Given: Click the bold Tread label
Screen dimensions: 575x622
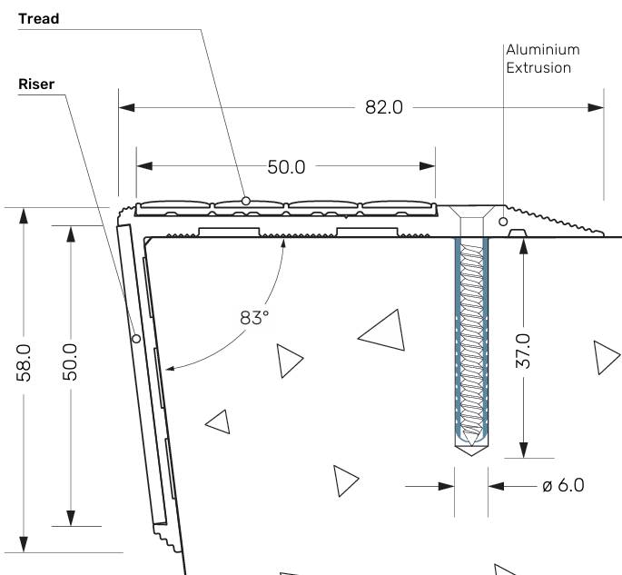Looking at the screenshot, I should (x=38, y=19).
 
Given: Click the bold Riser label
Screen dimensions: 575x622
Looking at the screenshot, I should (x=36, y=84).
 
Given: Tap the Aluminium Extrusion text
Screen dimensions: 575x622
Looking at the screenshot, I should (x=542, y=58).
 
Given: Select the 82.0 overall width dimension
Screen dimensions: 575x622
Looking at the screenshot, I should (x=383, y=107).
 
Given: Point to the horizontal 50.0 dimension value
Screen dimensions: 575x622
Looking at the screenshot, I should (x=286, y=166).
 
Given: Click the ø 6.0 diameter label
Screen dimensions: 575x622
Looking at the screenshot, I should (x=563, y=485).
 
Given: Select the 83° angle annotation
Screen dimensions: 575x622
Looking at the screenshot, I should (x=255, y=318).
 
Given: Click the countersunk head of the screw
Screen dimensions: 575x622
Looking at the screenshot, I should (x=470, y=213).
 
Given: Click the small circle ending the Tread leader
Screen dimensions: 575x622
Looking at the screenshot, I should (x=246, y=200).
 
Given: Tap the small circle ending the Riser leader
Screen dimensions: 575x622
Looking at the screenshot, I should (x=135, y=339).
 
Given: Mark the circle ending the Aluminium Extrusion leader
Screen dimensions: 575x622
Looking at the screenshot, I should (x=503, y=221).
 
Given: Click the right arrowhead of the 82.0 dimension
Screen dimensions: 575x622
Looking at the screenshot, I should (x=597, y=107).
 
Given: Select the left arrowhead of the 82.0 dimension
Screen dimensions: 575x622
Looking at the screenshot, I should (x=127, y=107).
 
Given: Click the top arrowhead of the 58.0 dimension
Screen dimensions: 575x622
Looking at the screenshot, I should (x=25, y=215).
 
